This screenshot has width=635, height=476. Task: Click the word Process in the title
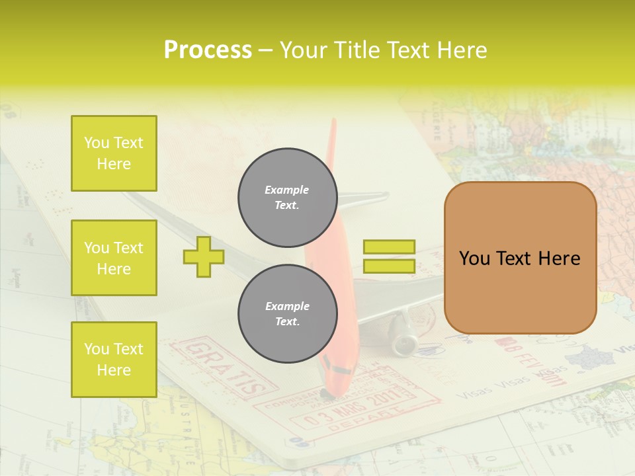tap(208, 50)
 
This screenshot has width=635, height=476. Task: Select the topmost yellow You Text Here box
tap(114, 153)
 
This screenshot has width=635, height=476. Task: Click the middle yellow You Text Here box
tap(114, 258)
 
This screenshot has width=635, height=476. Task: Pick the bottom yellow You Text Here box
tap(114, 359)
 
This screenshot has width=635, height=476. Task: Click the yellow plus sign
tap(203, 257)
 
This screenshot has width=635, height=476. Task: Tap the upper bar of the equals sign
tap(389, 247)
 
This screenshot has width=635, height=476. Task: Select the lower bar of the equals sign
tap(389, 266)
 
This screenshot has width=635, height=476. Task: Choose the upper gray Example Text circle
tap(287, 198)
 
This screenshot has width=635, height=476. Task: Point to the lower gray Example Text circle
tap(287, 313)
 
